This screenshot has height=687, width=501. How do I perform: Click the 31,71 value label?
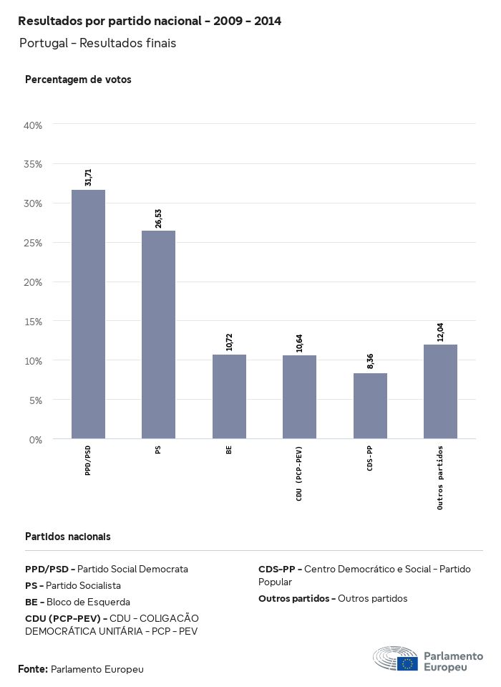[x=88, y=177]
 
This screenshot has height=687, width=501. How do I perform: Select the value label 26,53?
[x=158, y=218]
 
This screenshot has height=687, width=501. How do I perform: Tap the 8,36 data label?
[x=370, y=362]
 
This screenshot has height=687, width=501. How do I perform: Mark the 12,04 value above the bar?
[x=440, y=332]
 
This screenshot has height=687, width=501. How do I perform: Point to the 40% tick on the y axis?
[x=34, y=125]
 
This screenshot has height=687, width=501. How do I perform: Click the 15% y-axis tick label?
[x=34, y=322]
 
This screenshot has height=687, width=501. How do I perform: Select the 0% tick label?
[x=36, y=439]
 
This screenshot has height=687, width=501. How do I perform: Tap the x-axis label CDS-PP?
[x=370, y=459]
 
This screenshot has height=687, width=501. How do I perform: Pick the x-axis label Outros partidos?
[x=440, y=477]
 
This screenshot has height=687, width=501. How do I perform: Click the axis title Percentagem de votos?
[x=78, y=80]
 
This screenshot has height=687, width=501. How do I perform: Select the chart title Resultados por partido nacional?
[x=150, y=21]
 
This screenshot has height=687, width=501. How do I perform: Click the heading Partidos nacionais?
[x=68, y=536]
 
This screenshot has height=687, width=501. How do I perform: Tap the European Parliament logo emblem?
[x=395, y=658]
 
